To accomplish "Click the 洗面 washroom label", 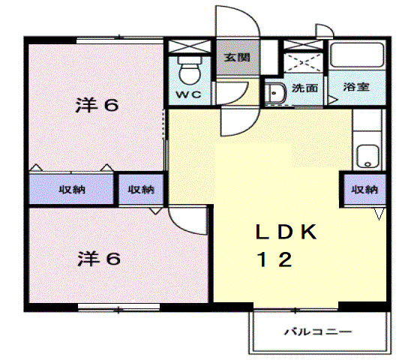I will click(304, 88).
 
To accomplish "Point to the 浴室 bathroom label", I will click(356, 87).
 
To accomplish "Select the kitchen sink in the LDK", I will click(367, 155).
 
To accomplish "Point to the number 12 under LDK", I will click(276, 259).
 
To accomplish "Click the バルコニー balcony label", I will click(317, 331).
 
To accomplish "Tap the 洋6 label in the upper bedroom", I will click(97, 105).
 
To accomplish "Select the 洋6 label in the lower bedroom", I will click(98, 259).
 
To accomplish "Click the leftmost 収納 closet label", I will click(73, 189).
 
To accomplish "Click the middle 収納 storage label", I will click(140, 189).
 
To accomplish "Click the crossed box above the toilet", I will click(190, 45).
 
